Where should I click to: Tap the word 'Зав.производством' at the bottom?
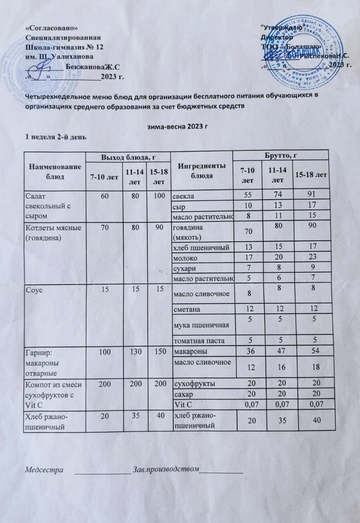(165, 469)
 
